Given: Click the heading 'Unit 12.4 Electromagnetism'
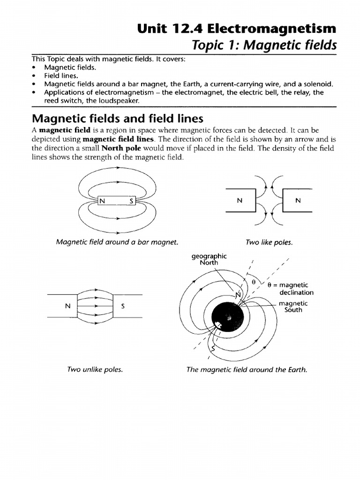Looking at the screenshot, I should click(x=237, y=29).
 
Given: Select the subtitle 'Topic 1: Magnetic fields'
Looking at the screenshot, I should click(x=259, y=45).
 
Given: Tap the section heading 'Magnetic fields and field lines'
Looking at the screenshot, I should click(x=117, y=118).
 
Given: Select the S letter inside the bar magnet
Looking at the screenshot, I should click(x=131, y=201).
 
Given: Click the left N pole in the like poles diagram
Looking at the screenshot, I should click(x=240, y=201).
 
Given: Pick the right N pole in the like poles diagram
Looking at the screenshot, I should click(x=298, y=201).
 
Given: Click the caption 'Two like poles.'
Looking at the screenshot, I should click(x=269, y=242).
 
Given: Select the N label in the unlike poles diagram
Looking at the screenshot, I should click(x=67, y=306).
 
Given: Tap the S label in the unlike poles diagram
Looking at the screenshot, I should click(x=123, y=306).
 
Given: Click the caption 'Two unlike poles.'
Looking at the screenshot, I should click(x=95, y=369).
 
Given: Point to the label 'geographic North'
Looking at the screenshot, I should click(x=209, y=259).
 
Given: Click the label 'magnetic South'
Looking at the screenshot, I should click(x=293, y=307).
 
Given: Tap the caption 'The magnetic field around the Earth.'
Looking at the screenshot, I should click(x=247, y=369).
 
